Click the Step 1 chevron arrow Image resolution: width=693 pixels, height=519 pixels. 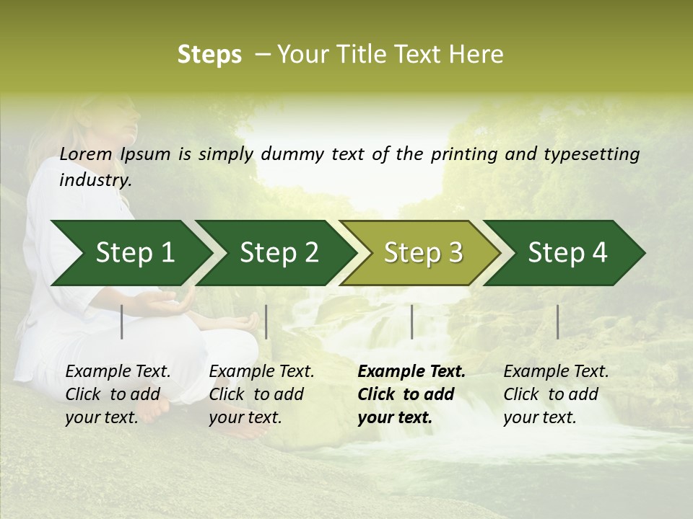pyautogui.click(x=134, y=253)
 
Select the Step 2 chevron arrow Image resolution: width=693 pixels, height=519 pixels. pyautogui.click(x=279, y=253)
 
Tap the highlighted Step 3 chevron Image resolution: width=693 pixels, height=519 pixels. pyautogui.click(x=423, y=253)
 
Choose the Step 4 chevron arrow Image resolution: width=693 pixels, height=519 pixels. pyautogui.click(x=567, y=253)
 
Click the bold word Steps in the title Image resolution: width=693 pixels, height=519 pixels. pyautogui.click(x=209, y=54)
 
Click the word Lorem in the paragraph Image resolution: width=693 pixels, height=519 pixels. pyautogui.click(x=86, y=154)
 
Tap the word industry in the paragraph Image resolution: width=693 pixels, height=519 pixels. pyautogui.click(x=95, y=180)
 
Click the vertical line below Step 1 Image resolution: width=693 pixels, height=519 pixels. pyautogui.click(x=122, y=321)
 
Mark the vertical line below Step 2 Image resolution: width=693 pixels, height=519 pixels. pyautogui.click(x=266, y=321)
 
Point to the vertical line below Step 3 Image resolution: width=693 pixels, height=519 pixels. pyautogui.click(x=411, y=321)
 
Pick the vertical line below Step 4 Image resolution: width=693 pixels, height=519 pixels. pyautogui.click(x=557, y=321)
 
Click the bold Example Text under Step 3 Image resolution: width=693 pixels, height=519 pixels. pyautogui.click(x=411, y=372)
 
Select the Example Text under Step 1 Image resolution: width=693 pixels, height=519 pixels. pyautogui.click(x=118, y=372)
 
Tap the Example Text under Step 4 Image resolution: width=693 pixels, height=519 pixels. pyautogui.click(x=556, y=372)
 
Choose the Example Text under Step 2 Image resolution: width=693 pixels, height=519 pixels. pyautogui.click(x=262, y=372)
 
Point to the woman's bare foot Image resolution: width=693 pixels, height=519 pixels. pyautogui.click(x=155, y=407)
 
